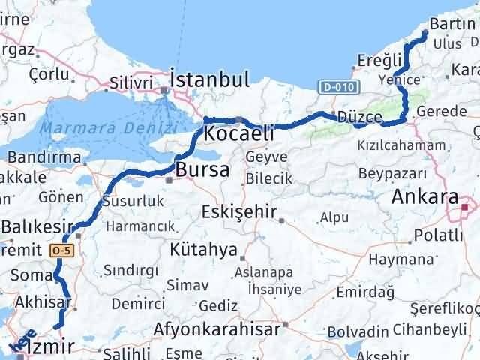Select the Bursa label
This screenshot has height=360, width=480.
pyautogui.click(x=202, y=170)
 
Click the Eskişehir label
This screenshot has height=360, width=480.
pyautogui.click(x=239, y=212)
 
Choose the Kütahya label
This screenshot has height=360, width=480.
pyautogui.click(x=204, y=249)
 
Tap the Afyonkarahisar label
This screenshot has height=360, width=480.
pyautogui.click(x=217, y=328)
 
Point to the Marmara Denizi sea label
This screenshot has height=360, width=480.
pyautogui.click(x=93, y=128)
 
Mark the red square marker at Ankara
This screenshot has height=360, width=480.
pyautogui.click(x=466, y=207)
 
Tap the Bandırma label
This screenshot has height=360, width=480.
pyautogui.click(x=43, y=158)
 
